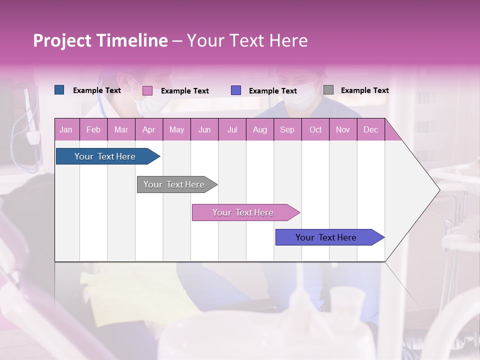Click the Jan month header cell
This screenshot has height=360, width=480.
pos(66,129)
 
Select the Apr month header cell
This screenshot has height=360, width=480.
pos(149,129)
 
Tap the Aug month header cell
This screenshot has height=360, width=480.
pos(259,129)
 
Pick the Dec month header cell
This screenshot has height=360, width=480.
pos(370,129)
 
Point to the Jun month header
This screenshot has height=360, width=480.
pos(204,129)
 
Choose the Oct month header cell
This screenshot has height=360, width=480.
pos(315,129)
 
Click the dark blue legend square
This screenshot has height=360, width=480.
pos(59,90)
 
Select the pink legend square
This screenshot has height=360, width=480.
pos(147,90)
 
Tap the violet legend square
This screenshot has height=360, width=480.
pos(236,90)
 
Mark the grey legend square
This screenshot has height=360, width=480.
pos(328,90)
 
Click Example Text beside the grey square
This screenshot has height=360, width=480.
pos(364,90)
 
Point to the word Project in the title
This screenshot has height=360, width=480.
pos(61,40)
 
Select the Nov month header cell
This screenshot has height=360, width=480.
pos(343,129)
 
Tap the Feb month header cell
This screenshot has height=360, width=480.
pos(93,129)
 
